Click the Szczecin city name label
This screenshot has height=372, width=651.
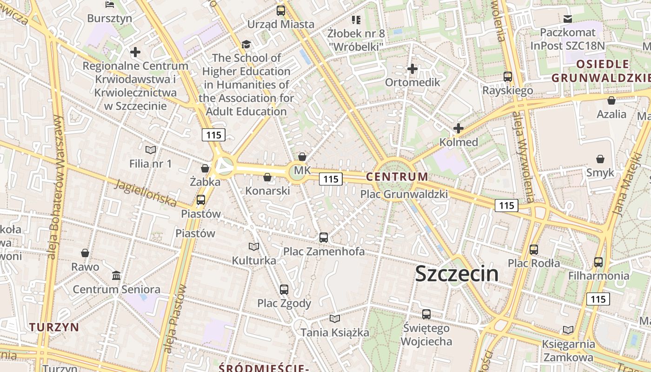tap(457, 273)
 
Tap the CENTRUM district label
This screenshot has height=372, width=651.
tap(397, 177)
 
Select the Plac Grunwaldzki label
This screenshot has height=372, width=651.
tap(404, 194)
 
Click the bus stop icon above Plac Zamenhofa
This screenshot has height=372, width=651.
tap(324, 238)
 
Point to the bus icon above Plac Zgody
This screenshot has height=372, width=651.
tap(284, 290)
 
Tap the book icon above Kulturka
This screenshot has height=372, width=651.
tap(254, 247)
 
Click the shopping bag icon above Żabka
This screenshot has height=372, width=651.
tap(205, 168)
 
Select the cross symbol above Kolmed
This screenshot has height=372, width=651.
tap(458, 128)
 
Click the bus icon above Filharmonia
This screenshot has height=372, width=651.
tap(598, 262)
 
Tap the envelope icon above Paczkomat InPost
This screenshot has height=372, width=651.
tap(568, 19)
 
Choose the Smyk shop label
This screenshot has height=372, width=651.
tap(600, 173)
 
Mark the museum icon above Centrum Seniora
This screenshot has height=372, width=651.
tap(116, 276)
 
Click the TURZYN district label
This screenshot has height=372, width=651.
tap(54, 327)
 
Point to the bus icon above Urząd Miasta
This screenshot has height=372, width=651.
tap(281, 11)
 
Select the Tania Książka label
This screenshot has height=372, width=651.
tap(335, 332)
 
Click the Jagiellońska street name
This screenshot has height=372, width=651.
tap(146, 193)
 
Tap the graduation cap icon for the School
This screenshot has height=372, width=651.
tap(246, 45)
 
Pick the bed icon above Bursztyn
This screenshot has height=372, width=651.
tap(110, 5)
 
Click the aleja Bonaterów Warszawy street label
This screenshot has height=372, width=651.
tap(55, 186)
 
